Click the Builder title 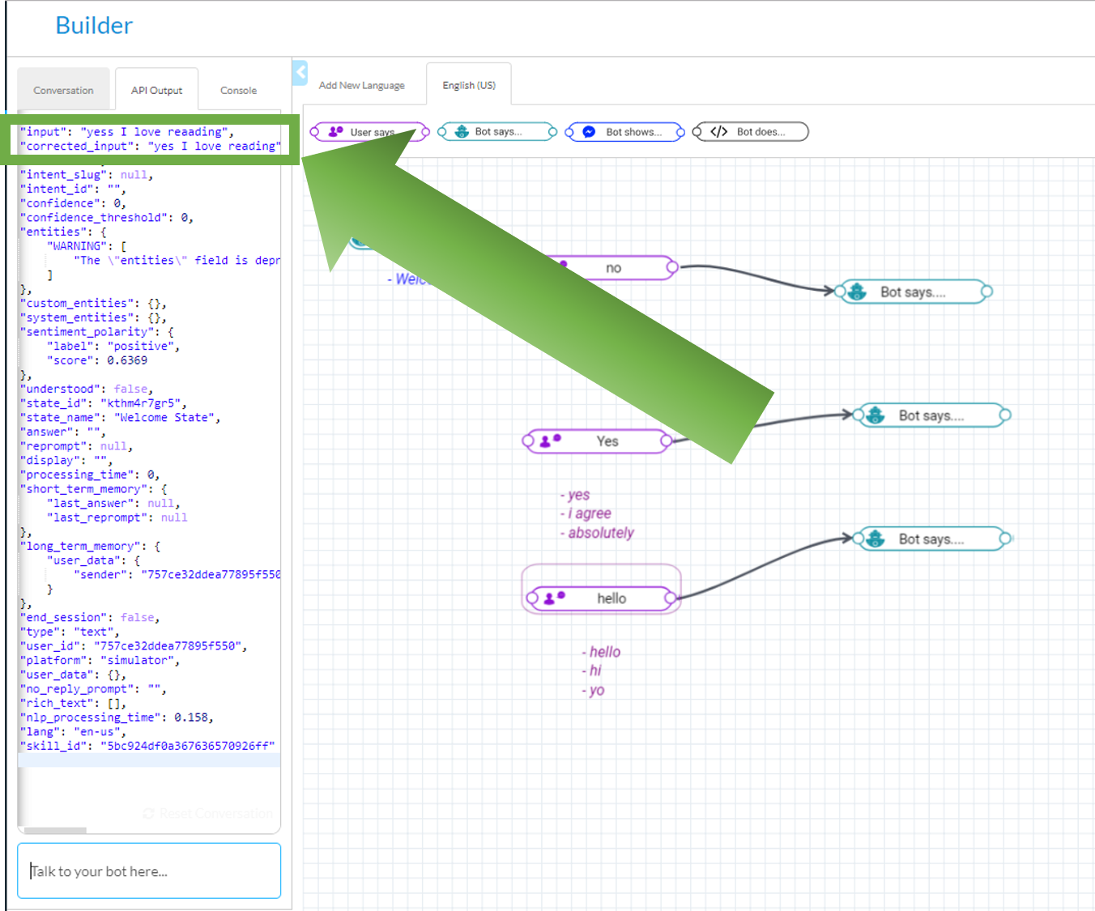pyautogui.click(x=94, y=26)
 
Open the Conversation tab pyautogui.click(x=63, y=91)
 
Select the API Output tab pyautogui.click(x=156, y=91)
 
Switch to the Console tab pyautogui.click(x=238, y=91)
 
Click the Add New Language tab pyautogui.click(x=361, y=85)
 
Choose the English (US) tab pyautogui.click(x=469, y=85)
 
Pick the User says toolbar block pyautogui.click(x=369, y=132)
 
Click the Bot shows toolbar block pyautogui.click(x=625, y=132)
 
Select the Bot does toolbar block pyautogui.click(x=751, y=132)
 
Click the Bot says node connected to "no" pyautogui.click(x=913, y=292)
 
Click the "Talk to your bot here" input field pyautogui.click(x=149, y=871)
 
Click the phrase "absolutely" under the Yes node pyautogui.click(x=601, y=533)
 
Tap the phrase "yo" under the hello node pyautogui.click(x=597, y=691)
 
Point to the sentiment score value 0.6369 pyautogui.click(x=127, y=360)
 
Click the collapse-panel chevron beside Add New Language pyautogui.click(x=300, y=73)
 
